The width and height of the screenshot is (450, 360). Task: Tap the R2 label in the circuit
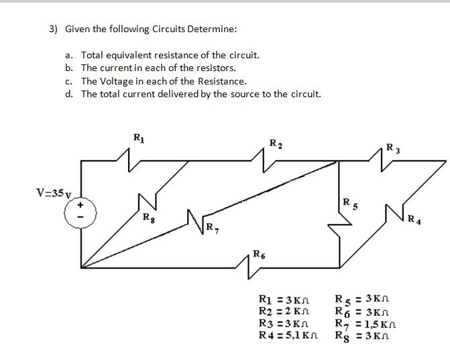click(x=275, y=143)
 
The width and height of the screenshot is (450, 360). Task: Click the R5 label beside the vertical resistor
click(x=347, y=203)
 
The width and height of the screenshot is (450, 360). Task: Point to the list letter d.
click(x=69, y=93)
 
